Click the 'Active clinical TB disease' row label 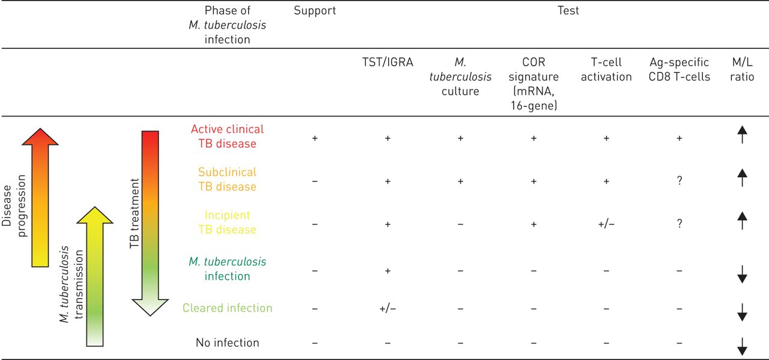[x=227, y=136]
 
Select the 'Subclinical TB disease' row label [x=227, y=179]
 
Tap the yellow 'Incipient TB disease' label [x=227, y=222]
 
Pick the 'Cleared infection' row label [x=227, y=308]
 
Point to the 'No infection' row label [x=227, y=343]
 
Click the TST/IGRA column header [x=387, y=63]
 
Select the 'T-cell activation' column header [x=606, y=70]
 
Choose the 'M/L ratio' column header [x=742, y=70]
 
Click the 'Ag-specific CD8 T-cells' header [x=679, y=70]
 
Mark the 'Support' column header [x=315, y=11]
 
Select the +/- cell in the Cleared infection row [x=387, y=309]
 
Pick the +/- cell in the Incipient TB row [x=606, y=224]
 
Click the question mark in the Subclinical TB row [x=679, y=180]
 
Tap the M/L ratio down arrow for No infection [x=742, y=345]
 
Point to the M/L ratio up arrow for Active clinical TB [x=742, y=138]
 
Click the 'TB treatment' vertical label [x=135, y=214]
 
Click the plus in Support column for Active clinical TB [x=315, y=138]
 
